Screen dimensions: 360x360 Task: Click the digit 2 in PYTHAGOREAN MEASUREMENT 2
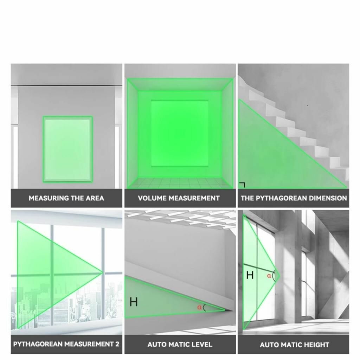click(x=117, y=344)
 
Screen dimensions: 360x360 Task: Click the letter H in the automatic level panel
click(x=134, y=302)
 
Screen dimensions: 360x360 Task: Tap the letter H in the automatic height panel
click(x=250, y=275)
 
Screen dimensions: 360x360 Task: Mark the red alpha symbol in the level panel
click(x=199, y=307)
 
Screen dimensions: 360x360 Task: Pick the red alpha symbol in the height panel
click(x=269, y=276)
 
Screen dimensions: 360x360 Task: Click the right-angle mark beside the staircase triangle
click(x=242, y=185)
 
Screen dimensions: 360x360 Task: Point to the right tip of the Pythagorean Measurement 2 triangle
click(x=102, y=273)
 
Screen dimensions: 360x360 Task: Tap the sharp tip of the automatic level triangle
click(x=225, y=310)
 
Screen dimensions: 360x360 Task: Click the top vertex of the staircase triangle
click(x=239, y=99)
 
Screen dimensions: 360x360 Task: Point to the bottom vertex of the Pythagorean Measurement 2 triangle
click(x=18, y=328)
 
